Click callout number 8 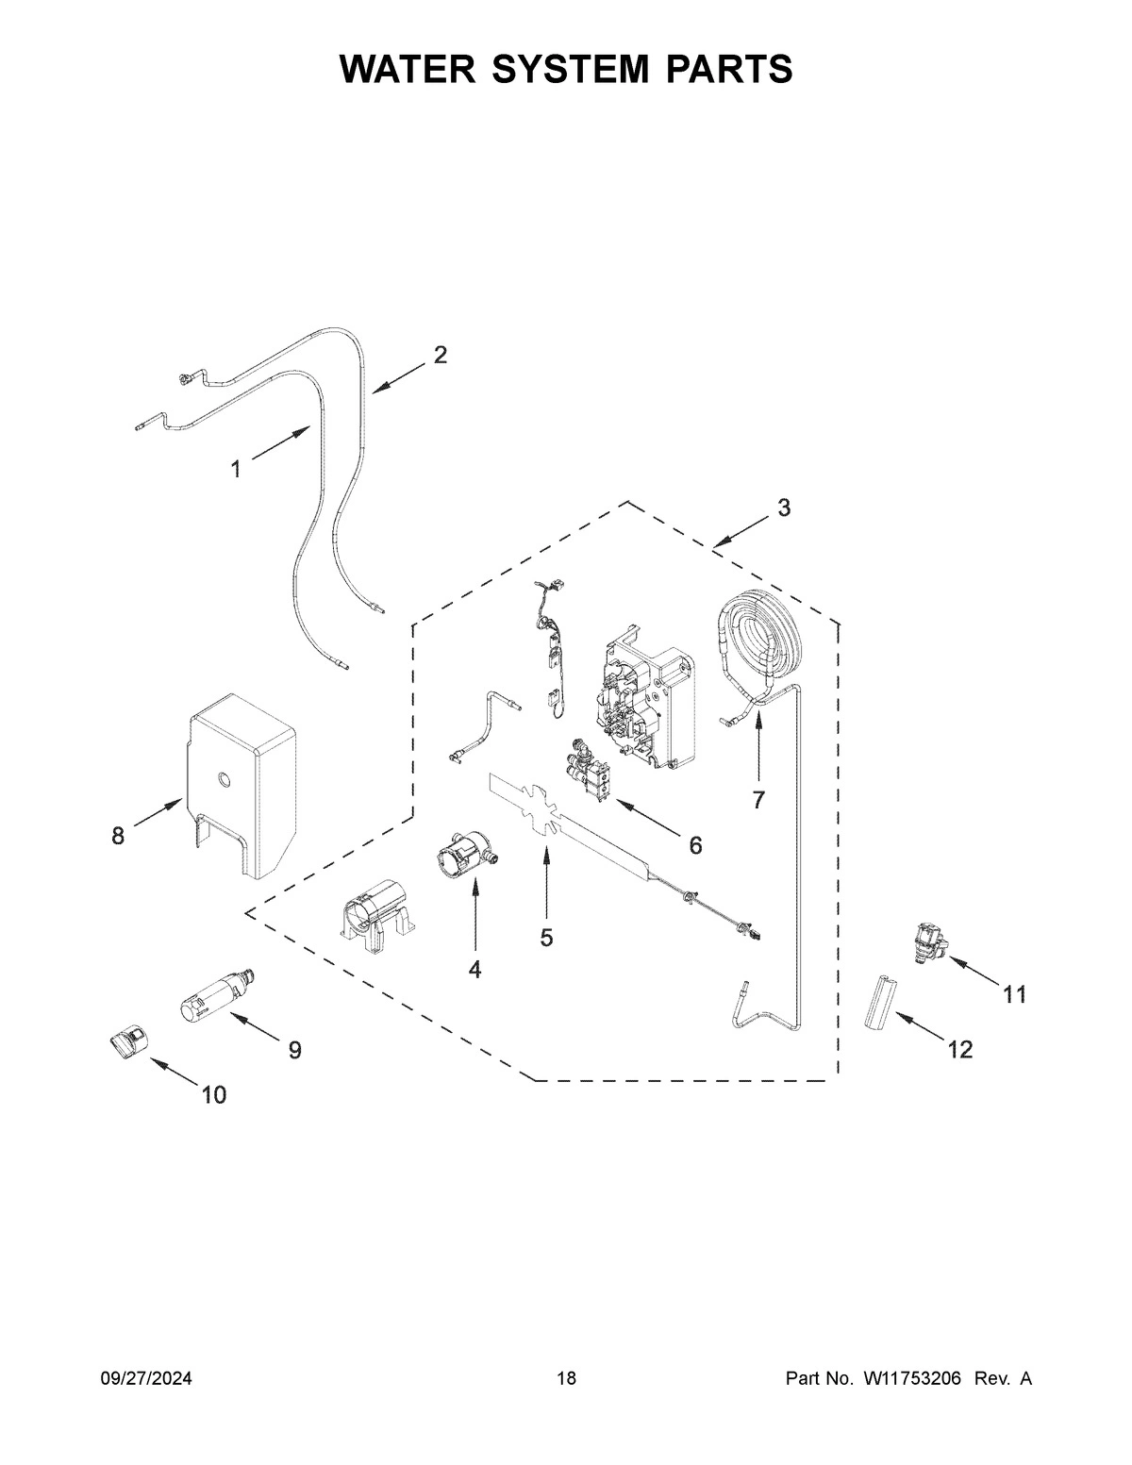(118, 836)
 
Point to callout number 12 (959, 1048)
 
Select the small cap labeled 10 (125, 1043)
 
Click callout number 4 (474, 969)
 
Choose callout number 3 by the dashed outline (784, 508)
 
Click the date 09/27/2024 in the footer (146, 1379)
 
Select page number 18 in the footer (566, 1379)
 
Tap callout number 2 (440, 355)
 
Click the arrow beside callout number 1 (280, 445)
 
